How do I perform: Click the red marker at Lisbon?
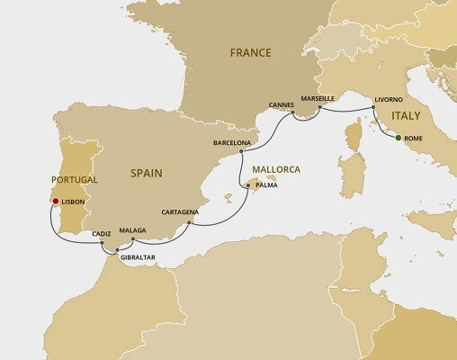click(x=55, y=202)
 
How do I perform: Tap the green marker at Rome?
click(x=398, y=138)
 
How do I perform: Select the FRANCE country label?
click(x=250, y=53)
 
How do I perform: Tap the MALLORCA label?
click(x=275, y=169)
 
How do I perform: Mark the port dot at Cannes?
click(x=293, y=113)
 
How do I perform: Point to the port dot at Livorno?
click(x=373, y=107)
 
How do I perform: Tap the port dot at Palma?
click(x=249, y=185)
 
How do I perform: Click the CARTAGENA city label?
click(x=179, y=212)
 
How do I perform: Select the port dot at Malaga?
click(x=132, y=240)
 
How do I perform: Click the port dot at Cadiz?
click(x=109, y=243)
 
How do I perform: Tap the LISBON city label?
click(x=73, y=203)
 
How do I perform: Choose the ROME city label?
click(x=414, y=139)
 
